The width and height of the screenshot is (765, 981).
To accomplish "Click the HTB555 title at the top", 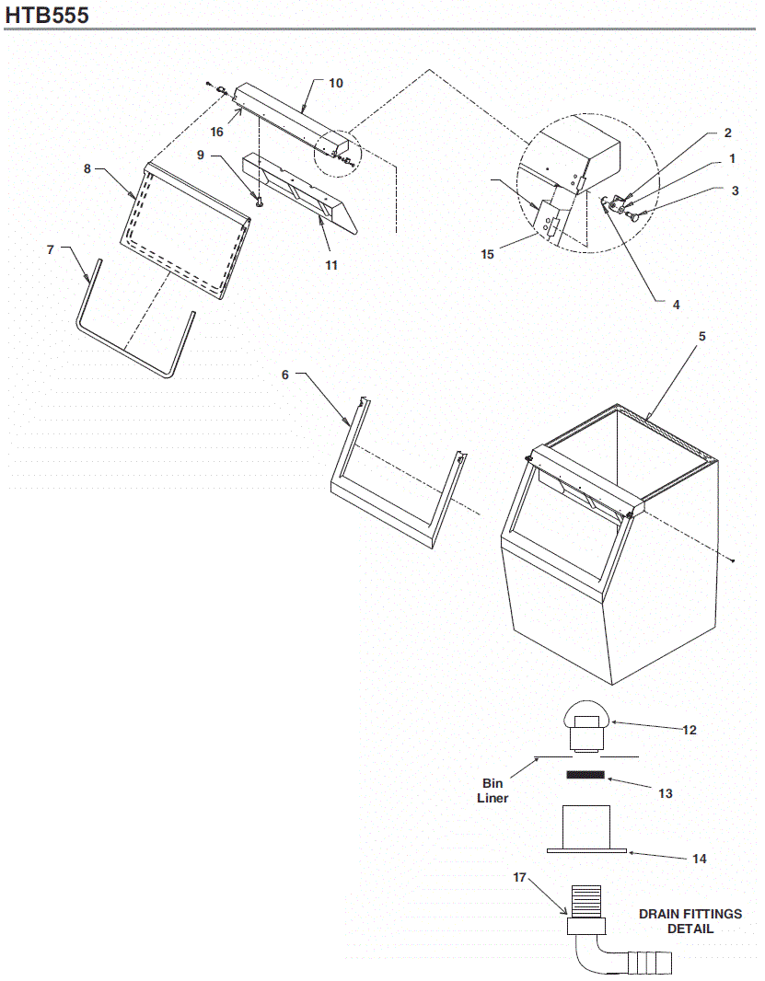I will click(47, 15).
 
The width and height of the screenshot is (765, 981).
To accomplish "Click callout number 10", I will click(336, 84).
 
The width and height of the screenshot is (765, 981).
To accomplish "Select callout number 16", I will click(217, 132).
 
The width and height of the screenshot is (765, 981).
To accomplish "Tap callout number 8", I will click(87, 169).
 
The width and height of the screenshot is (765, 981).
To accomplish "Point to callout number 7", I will click(52, 249).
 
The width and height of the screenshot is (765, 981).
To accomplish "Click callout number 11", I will click(331, 265).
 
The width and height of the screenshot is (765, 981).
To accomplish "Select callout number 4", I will click(677, 304).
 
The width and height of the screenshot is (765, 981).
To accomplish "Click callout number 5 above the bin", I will click(701, 337).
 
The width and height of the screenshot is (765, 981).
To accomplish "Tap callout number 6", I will click(285, 375).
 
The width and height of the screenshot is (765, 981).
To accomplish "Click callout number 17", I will click(520, 877).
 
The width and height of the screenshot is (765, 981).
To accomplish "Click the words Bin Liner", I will click(493, 791).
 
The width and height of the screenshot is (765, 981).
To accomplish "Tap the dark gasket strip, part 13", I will click(585, 775).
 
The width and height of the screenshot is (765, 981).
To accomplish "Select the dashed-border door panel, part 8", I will click(184, 230).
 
